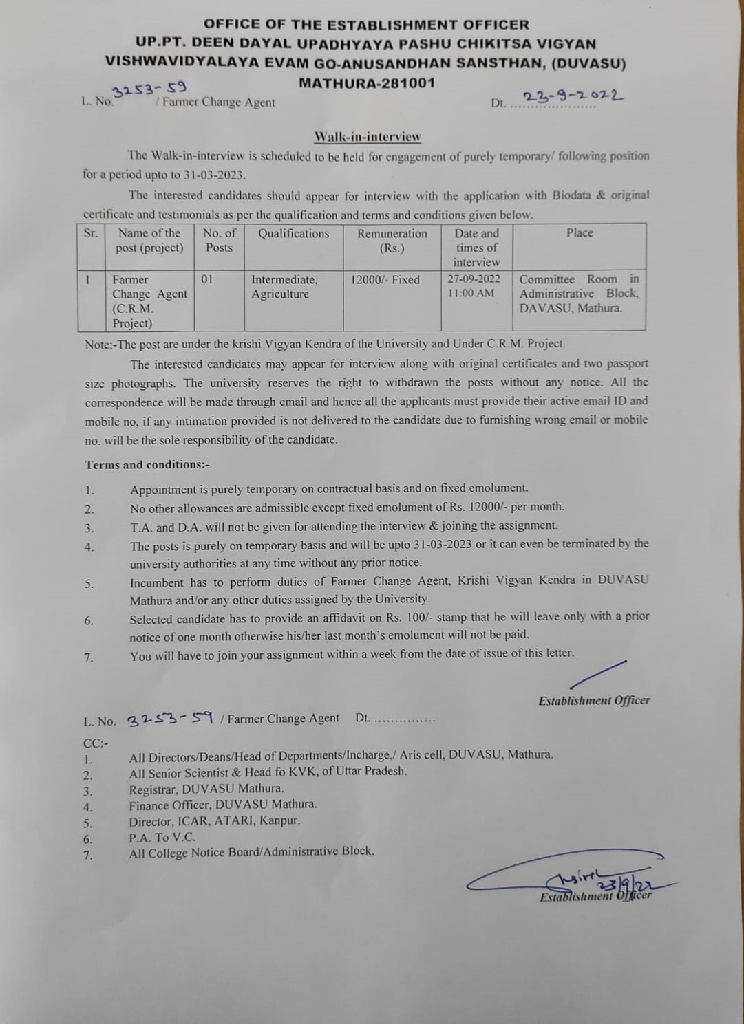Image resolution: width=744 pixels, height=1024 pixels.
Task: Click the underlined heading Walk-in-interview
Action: point(368,137)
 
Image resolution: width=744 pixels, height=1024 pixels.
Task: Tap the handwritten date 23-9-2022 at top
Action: point(573,97)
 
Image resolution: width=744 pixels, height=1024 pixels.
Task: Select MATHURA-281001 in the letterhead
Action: point(367,83)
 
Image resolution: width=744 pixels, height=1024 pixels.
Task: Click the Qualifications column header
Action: point(294,234)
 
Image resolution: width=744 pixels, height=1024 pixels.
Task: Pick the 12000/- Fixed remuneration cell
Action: point(385,280)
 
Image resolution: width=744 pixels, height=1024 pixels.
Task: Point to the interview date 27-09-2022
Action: point(474,279)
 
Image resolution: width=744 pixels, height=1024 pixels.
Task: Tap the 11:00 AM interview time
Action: point(471,293)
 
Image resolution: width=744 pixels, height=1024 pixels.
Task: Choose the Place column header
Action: point(580,233)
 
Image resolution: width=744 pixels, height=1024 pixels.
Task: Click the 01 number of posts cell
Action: point(208,280)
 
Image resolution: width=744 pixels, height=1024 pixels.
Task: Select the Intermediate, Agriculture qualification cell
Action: point(284,287)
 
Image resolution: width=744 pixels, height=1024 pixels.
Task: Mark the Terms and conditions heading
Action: point(147,465)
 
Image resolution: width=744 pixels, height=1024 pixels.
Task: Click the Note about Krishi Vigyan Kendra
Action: point(325,344)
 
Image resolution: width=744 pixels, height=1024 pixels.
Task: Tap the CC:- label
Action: point(96,743)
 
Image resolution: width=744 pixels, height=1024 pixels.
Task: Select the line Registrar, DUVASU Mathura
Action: point(206,789)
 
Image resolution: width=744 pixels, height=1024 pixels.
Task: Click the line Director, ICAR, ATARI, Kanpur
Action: point(215,821)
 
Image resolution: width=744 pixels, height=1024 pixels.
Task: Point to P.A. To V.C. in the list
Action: point(162,838)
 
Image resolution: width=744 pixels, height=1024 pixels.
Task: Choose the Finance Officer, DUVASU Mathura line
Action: point(223,805)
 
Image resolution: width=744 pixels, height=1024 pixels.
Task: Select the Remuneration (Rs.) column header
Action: point(392,241)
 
